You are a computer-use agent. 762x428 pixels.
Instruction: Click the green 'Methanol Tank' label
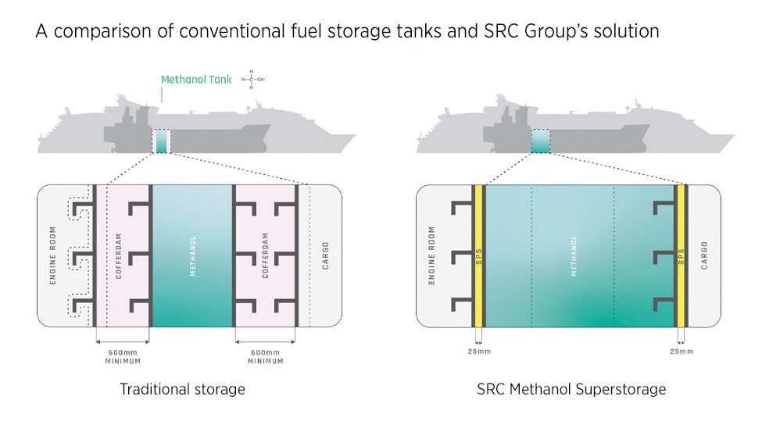(x=195, y=79)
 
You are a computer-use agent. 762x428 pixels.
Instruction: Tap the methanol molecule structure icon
(x=252, y=79)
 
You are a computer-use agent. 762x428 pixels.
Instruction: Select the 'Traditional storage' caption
(x=182, y=389)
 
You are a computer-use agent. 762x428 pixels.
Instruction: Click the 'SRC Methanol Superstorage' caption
(x=571, y=389)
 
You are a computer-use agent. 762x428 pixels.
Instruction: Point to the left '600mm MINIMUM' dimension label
(x=122, y=356)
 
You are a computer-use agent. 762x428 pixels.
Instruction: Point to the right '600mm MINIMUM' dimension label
(x=265, y=356)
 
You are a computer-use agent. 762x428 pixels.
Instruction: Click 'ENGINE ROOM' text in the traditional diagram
(x=53, y=255)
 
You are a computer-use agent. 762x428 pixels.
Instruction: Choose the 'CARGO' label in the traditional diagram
(x=326, y=255)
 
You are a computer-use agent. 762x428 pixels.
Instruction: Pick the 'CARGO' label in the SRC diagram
(x=704, y=255)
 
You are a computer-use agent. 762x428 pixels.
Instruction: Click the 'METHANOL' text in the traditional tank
(x=192, y=255)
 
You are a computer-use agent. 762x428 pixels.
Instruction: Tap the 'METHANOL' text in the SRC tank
(x=574, y=255)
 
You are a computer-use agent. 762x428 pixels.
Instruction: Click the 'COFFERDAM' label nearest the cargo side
(x=265, y=255)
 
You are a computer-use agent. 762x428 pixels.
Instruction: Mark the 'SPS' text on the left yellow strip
(x=478, y=255)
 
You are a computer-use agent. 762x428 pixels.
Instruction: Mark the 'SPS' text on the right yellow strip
(x=680, y=255)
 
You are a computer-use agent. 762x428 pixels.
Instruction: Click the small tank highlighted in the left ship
(x=162, y=141)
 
